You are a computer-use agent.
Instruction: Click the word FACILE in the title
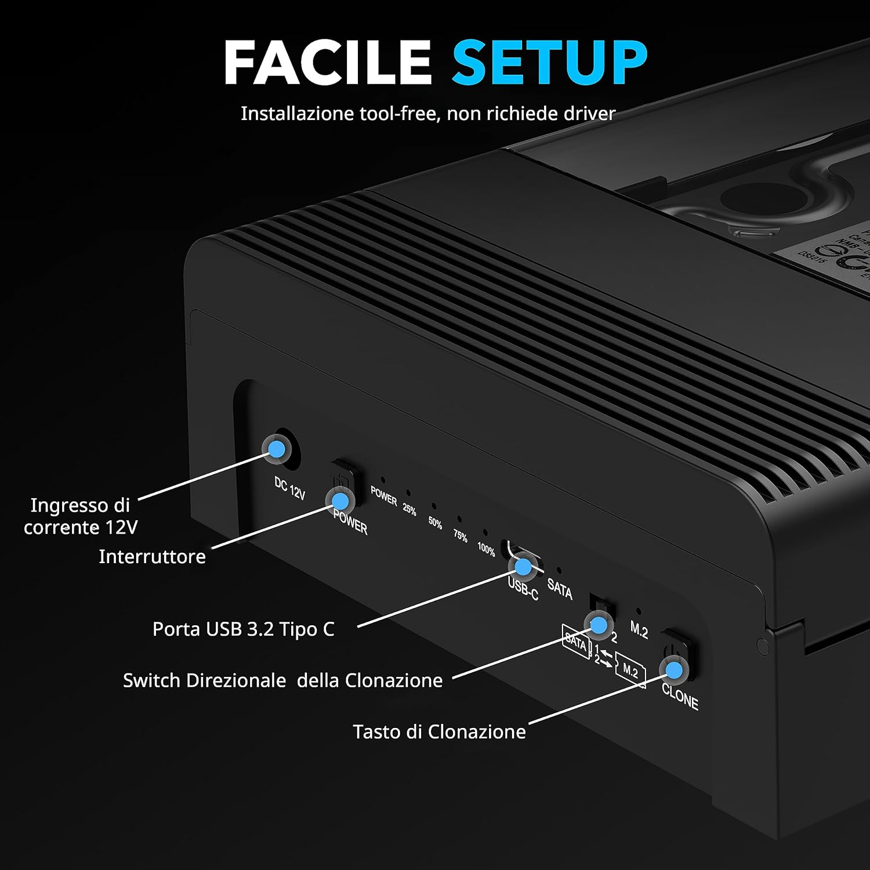(x=327, y=62)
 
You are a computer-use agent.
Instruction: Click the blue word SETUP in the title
(x=549, y=62)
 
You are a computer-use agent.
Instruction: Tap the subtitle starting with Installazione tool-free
(x=427, y=113)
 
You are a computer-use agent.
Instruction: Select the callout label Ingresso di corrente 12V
(x=80, y=516)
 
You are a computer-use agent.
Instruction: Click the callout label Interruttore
(x=152, y=557)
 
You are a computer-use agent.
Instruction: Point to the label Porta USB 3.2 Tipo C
(x=243, y=629)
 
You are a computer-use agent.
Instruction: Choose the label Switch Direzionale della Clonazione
(x=282, y=680)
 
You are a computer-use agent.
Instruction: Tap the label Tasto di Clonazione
(x=439, y=731)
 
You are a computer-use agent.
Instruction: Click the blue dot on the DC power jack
(x=277, y=448)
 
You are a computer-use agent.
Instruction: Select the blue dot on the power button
(x=340, y=500)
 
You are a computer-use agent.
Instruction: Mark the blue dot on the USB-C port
(x=523, y=566)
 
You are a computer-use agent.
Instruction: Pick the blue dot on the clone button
(x=673, y=670)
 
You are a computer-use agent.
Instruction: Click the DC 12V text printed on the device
(x=289, y=488)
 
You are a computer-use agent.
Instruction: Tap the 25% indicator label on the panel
(x=409, y=509)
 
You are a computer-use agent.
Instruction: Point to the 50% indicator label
(x=435, y=523)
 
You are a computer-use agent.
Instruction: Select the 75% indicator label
(x=461, y=536)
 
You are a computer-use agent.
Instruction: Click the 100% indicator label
(x=486, y=549)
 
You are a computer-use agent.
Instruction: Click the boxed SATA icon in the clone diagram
(x=575, y=641)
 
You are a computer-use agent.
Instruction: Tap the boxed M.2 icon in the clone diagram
(x=630, y=672)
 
